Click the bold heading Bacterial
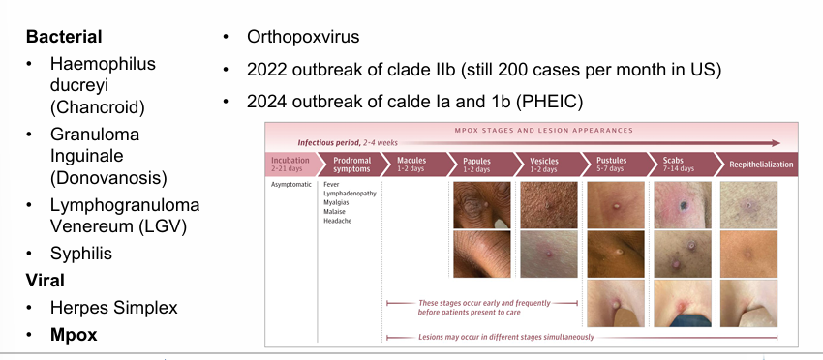(x=64, y=37)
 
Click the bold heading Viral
(x=46, y=281)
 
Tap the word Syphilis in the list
(x=80, y=254)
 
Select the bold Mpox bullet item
(x=74, y=335)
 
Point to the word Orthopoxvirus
(x=303, y=37)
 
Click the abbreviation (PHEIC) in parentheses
(x=550, y=102)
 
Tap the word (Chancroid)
(x=98, y=107)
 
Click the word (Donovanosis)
(x=108, y=178)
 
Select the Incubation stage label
(x=290, y=161)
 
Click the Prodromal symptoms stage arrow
(x=352, y=165)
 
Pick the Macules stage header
(x=411, y=161)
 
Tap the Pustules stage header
(x=612, y=161)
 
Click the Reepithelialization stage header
(x=761, y=165)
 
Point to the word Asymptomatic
(x=291, y=184)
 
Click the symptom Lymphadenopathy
(x=351, y=194)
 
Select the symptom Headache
(x=338, y=221)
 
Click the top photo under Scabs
(x=683, y=204)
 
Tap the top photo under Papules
(x=482, y=204)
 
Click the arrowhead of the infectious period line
(x=777, y=143)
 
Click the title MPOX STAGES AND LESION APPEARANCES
(x=544, y=130)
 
